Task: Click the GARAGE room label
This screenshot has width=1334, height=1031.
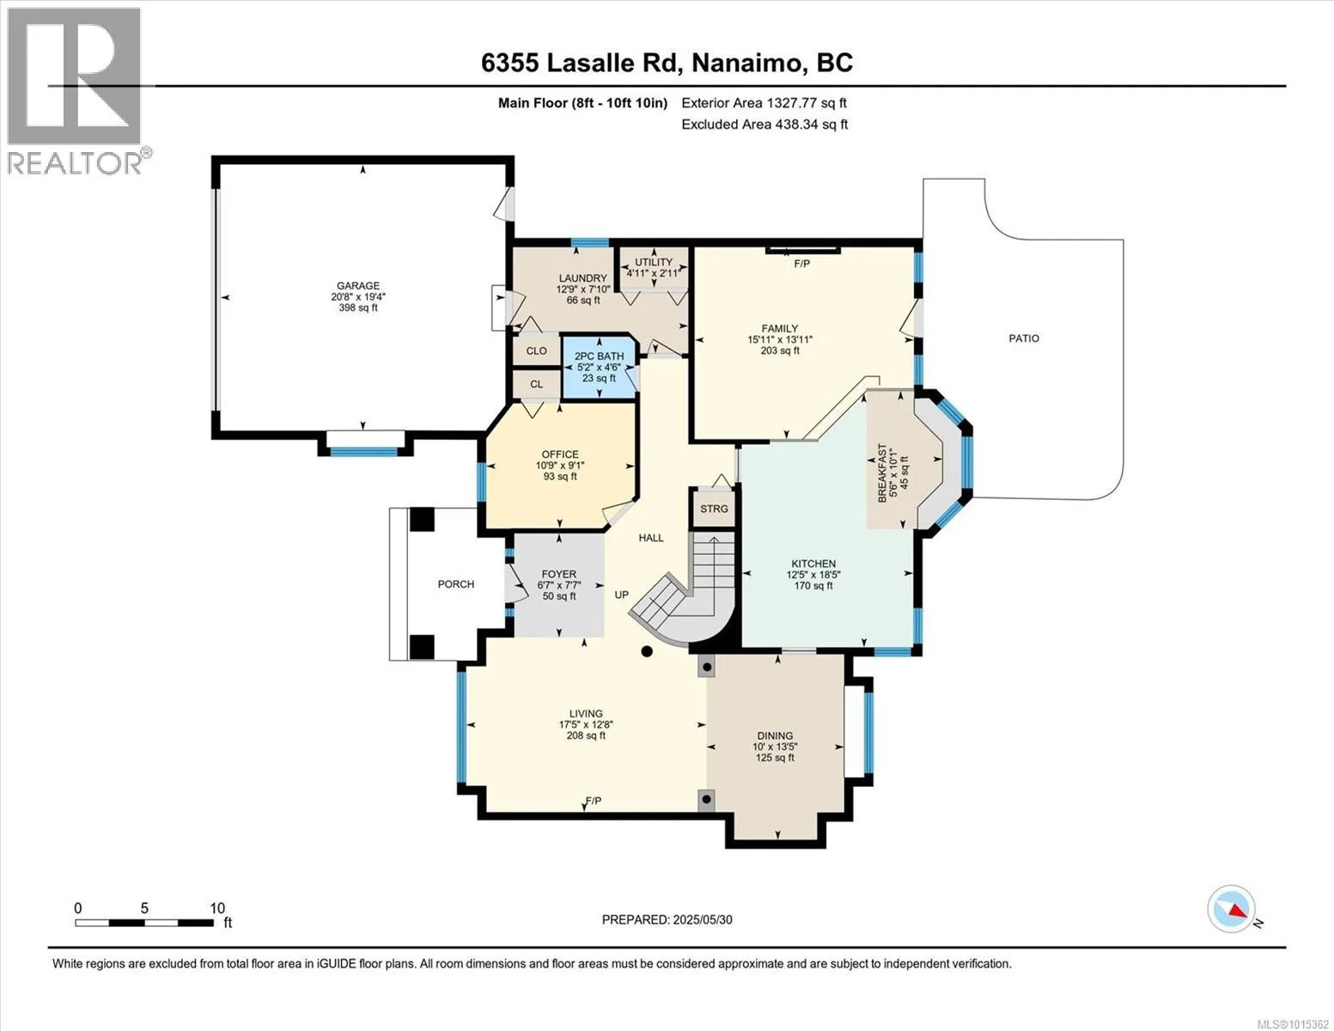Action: [358, 285]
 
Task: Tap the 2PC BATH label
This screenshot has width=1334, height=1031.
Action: [600, 357]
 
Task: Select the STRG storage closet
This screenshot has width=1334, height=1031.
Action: [714, 509]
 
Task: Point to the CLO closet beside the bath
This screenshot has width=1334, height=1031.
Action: [537, 351]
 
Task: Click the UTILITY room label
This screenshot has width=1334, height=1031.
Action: [654, 262]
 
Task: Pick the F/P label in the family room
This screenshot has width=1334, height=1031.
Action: [801, 264]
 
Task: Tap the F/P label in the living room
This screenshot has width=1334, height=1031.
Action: [593, 801]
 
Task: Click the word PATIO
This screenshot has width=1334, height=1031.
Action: [1024, 339]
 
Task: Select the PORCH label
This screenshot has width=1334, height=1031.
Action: [455, 584]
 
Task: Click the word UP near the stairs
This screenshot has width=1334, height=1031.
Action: [622, 595]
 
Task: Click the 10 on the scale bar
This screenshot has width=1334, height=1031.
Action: [217, 907]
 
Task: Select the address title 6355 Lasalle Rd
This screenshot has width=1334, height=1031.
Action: [582, 63]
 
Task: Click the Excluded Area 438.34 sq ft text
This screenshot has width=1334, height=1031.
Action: [764, 125]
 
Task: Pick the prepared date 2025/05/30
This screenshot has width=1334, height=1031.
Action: [703, 920]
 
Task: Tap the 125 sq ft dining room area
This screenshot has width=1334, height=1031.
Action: [775, 758]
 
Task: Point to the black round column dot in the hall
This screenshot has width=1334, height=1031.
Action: [647, 651]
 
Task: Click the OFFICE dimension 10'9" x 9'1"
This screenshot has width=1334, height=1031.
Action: [560, 466]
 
